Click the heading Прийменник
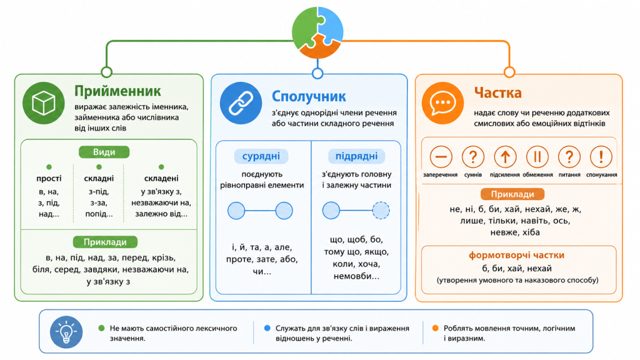tap(117, 91)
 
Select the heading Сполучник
tap(309, 96)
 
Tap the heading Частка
tap(497, 92)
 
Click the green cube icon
tap(44, 103)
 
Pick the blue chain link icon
tap(241, 103)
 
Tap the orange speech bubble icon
tap(443, 103)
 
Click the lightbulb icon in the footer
tap(66, 332)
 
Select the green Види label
tap(104, 152)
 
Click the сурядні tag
tap(261, 156)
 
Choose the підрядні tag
tap(356, 156)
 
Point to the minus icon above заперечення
tap(441, 157)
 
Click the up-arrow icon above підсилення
tap(505, 157)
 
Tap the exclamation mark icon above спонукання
tap(601, 157)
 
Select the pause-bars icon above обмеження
tap(537, 157)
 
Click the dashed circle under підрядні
tap(381, 211)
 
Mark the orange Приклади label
tap(512, 194)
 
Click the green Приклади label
tap(105, 242)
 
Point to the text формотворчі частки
tap(516, 255)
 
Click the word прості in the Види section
tap(49, 178)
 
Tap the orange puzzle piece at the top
tap(319, 47)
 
